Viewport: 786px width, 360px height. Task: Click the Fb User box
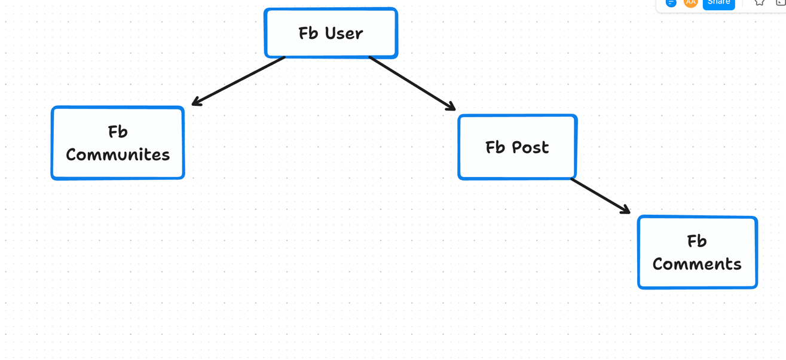tap(331, 33)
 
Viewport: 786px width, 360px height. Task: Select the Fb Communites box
tap(118, 143)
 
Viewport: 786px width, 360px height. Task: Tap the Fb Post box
tap(518, 147)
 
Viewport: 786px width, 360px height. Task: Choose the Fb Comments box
tap(698, 252)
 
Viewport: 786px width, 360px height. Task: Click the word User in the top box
tap(344, 33)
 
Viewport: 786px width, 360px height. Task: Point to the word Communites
tap(118, 155)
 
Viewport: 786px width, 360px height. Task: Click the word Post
tap(530, 147)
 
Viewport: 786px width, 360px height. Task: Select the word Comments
tap(697, 264)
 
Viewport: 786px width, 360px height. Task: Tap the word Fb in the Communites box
tap(118, 132)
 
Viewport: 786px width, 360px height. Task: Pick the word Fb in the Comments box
tap(697, 241)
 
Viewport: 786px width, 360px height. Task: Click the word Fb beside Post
tap(495, 147)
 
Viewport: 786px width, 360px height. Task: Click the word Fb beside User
tap(308, 33)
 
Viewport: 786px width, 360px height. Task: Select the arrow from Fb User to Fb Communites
tap(238, 81)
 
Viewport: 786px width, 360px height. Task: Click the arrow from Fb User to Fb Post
tap(412, 83)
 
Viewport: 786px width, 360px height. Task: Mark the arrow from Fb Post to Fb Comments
tap(601, 196)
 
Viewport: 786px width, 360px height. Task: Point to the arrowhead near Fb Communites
tap(197, 101)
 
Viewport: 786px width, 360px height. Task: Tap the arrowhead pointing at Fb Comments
tap(626, 209)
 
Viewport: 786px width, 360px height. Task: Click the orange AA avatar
tap(690, 3)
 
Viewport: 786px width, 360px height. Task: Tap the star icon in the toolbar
tap(759, 2)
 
